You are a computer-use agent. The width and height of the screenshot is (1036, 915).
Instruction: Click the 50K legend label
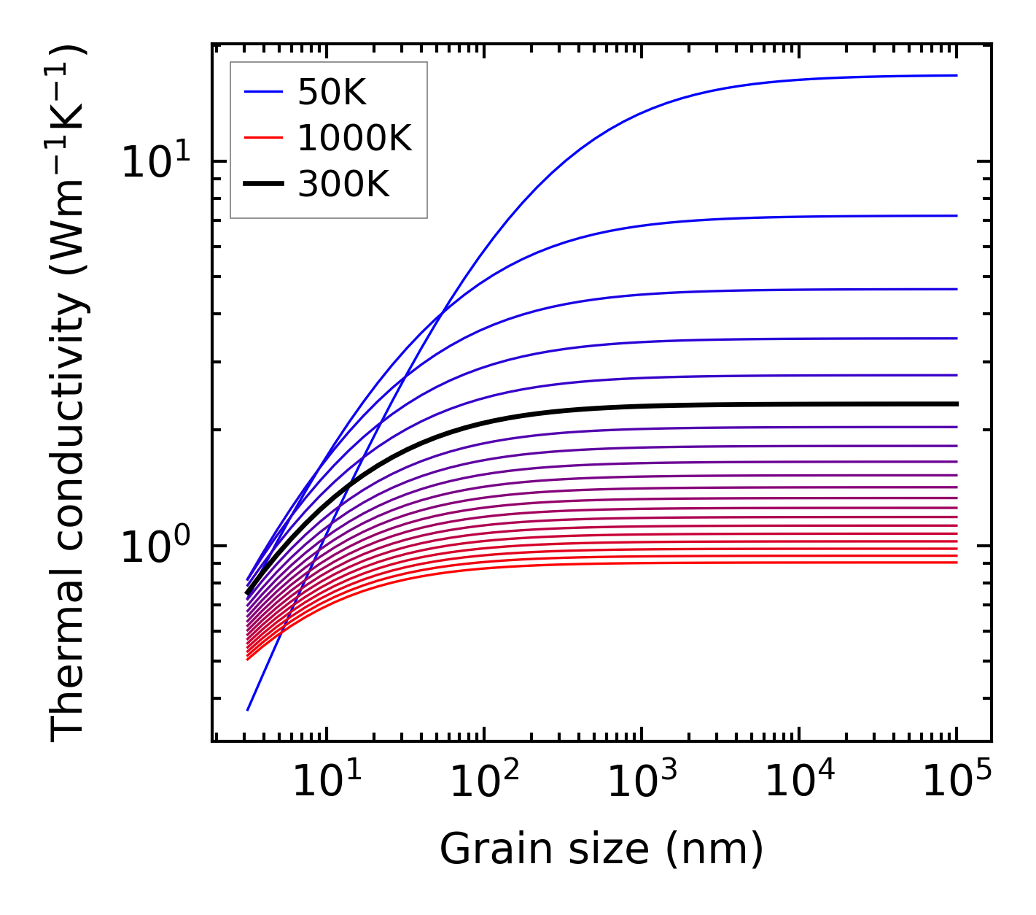(x=332, y=93)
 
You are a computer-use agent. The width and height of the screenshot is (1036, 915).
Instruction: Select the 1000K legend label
(x=354, y=139)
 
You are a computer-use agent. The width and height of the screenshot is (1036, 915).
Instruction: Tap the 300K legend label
(x=343, y=185)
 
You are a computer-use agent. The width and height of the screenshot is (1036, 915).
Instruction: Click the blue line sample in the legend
(x=262, y=92)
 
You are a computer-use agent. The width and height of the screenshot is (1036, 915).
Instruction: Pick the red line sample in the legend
(x=262, y=138)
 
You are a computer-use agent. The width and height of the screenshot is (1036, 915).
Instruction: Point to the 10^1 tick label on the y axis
(x=155, y=162)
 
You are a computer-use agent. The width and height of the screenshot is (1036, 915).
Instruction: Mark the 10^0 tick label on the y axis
(x=155, y=547)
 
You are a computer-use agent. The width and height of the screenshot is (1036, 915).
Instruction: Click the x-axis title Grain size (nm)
(x=601, y=849)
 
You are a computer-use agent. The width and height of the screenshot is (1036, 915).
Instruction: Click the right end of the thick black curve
(x=956, y=404)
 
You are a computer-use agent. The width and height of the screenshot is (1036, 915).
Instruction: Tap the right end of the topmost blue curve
(x=956, y=75)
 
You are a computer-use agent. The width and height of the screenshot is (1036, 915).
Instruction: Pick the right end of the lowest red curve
(x=956, y=562)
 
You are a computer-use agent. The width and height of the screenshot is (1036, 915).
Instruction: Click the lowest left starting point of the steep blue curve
(x=248, y=709)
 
